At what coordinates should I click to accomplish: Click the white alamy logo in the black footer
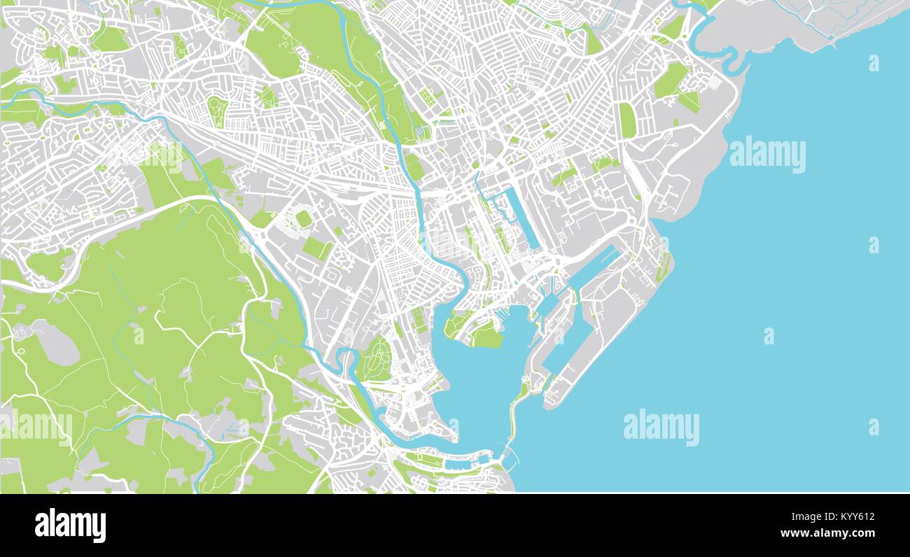point(70,525)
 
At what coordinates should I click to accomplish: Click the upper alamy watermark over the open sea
point(767,155)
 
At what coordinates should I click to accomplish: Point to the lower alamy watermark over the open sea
point(661,428)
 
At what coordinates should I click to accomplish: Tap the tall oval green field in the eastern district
point(626,120)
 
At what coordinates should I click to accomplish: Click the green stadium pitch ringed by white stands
point(303,219)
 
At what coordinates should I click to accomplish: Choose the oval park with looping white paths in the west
point(218,112)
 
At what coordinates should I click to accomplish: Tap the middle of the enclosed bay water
point(483,378)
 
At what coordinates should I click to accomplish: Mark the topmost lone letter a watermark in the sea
point(873,63)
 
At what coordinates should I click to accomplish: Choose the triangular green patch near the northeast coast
point(689,101)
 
